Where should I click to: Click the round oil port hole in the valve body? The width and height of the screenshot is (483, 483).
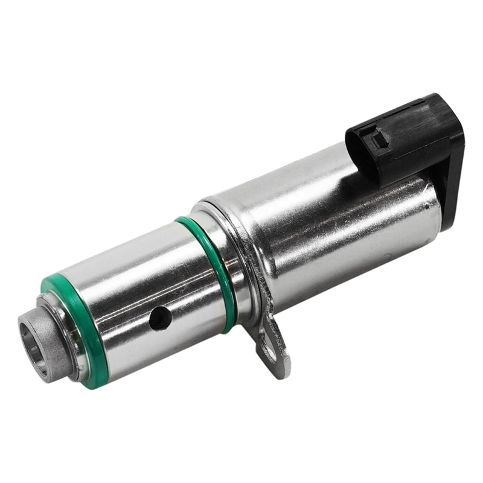[160, 318]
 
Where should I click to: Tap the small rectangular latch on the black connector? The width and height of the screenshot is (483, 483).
[379, 140]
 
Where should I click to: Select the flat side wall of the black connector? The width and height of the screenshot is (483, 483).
[417, 145]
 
